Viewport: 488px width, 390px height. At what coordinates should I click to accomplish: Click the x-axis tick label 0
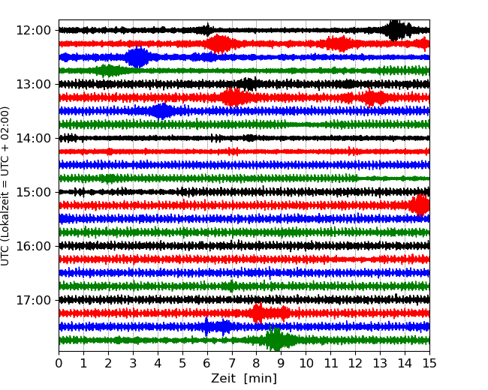click(59, 364)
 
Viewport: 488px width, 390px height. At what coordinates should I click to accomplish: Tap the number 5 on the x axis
click(182, 364)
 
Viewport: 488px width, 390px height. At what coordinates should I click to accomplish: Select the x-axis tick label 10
click(306, 364)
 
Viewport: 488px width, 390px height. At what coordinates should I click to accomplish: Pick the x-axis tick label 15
click(429, 364)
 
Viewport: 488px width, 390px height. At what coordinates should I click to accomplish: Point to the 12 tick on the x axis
click(355, 364)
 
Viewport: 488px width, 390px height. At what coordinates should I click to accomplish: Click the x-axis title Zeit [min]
click(244, 379)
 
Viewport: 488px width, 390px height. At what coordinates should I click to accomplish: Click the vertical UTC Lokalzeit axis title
click(6, 185)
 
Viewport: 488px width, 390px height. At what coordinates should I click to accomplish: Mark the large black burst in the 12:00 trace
click(396, 30)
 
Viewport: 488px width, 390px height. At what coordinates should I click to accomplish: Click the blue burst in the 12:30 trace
click(137, 57)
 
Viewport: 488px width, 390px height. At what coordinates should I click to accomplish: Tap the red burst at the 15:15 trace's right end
click(420, 205)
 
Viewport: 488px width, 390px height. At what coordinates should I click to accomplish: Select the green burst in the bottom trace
click(277, 340)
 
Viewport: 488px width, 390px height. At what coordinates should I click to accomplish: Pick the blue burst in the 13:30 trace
click(161, 111)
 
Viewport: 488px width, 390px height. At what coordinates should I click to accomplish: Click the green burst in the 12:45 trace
click(109, 70)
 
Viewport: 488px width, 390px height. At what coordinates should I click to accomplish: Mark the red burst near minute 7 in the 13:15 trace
click(234, 97)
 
